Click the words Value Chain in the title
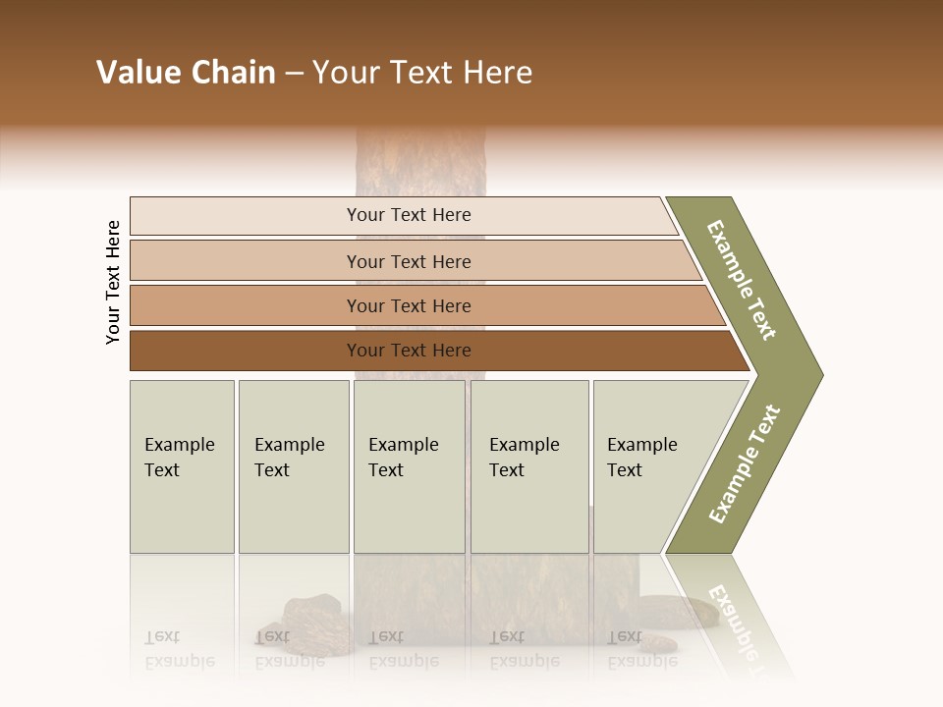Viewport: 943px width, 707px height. click(x=186, y=73)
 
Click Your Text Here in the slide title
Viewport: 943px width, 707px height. click(x=422, y=73)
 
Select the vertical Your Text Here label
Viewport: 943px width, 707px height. click(x=113, y=282)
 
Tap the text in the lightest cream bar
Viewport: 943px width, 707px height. click(x=409, y=215)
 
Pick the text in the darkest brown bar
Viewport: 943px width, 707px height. click(x=409, y=351)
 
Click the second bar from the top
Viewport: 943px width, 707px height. click(x=409, y=261)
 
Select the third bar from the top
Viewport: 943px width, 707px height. click(x=409, y=305)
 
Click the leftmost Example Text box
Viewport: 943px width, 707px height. click(x=181, y=465)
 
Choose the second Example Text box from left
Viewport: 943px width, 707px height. click(x=292, y=465)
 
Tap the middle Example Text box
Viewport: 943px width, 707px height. click(x=408, y=465)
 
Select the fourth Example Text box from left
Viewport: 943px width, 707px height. click(x=528, y=465)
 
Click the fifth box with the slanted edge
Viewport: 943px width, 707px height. click(x=648, y=465)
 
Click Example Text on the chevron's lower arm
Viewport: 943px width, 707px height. click(x=744, y=463)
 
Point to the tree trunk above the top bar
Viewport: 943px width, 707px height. click(x=419, y=162)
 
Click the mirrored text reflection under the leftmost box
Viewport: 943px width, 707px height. click(x=180, y=649)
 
